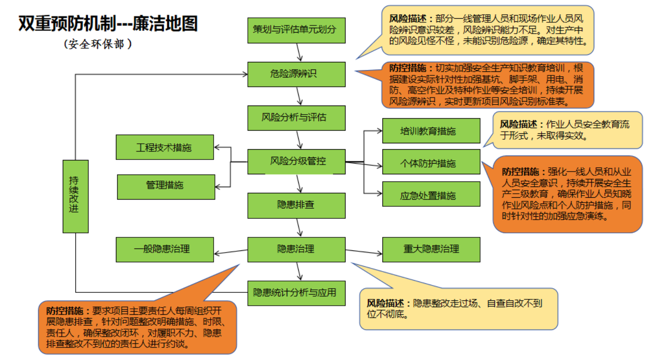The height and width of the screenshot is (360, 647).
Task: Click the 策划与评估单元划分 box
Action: point(296,30)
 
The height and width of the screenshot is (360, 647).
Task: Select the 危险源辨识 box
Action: point(296,74)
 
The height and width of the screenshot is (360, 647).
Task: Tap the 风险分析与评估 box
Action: point(296,118)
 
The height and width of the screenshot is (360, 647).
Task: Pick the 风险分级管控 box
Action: point(296,162)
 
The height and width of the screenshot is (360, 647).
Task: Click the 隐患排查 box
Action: point(296,205)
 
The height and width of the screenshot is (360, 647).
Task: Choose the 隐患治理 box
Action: point(296,249)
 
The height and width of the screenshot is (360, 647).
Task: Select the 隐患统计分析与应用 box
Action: point(296,293)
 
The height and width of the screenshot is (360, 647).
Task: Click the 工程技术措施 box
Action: point(164,147)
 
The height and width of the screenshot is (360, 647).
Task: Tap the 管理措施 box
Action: point(166,187)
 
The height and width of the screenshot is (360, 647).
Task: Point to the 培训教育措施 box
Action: point(431,131)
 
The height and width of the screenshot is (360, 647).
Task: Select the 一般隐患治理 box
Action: point(164,249)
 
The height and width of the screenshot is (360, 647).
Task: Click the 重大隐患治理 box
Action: point(431,249)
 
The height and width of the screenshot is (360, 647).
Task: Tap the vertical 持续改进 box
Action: point(75,196)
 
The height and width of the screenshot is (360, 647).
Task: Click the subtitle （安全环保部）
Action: point(97,44)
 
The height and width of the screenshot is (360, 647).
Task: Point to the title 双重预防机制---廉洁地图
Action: point(108,24)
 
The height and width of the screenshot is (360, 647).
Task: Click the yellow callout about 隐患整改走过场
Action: point(458,309)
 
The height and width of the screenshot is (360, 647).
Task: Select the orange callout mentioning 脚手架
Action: point(487,85)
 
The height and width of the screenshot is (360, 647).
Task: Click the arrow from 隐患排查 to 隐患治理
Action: point(299,227)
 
